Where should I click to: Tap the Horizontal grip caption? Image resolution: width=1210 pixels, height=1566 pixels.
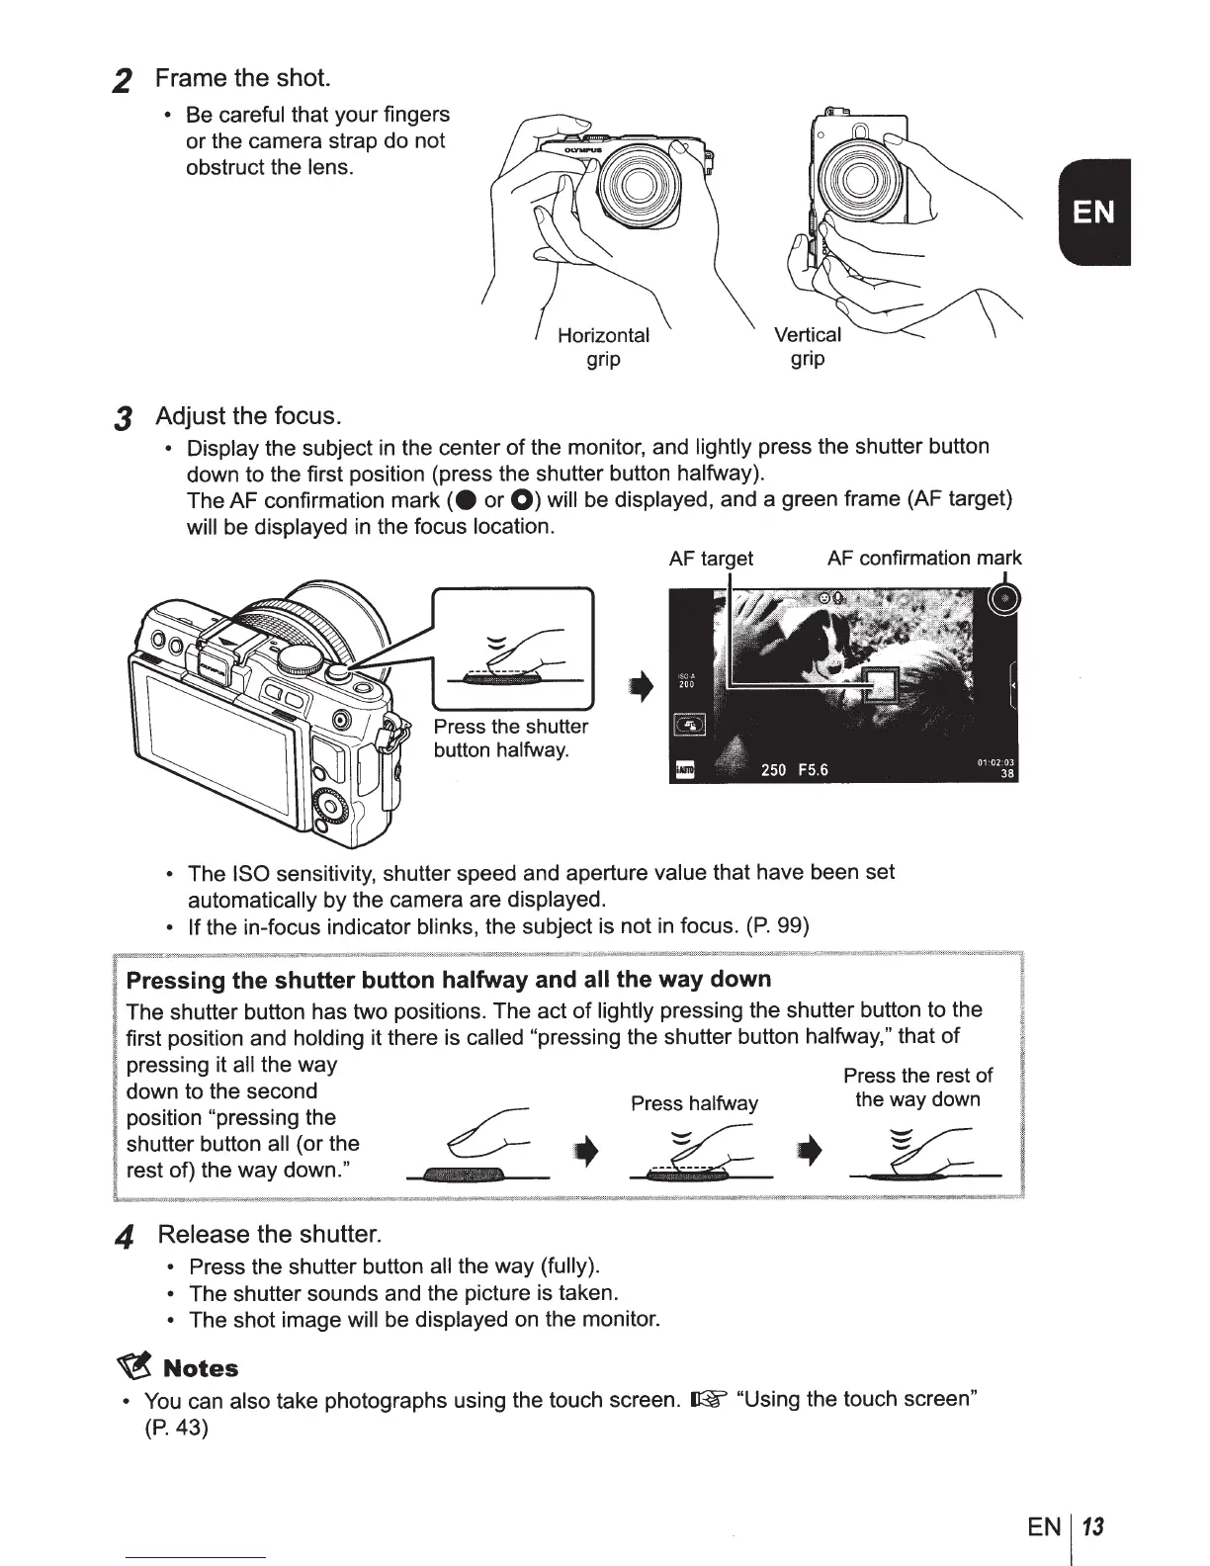(x=603, y=347)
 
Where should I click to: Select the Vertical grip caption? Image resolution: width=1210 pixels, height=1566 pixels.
(x=808, y=347)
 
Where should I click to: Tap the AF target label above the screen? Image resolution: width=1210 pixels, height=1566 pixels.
(x=711, y=559)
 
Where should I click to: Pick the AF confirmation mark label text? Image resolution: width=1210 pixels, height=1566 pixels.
(x=924, y=559)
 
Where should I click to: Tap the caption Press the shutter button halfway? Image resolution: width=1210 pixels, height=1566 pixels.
(x=511, y=739)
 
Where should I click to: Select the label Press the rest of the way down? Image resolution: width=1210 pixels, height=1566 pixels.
(x=917, y=1087)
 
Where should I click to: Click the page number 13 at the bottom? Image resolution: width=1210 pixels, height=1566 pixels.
(x=1092, y=1527)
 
